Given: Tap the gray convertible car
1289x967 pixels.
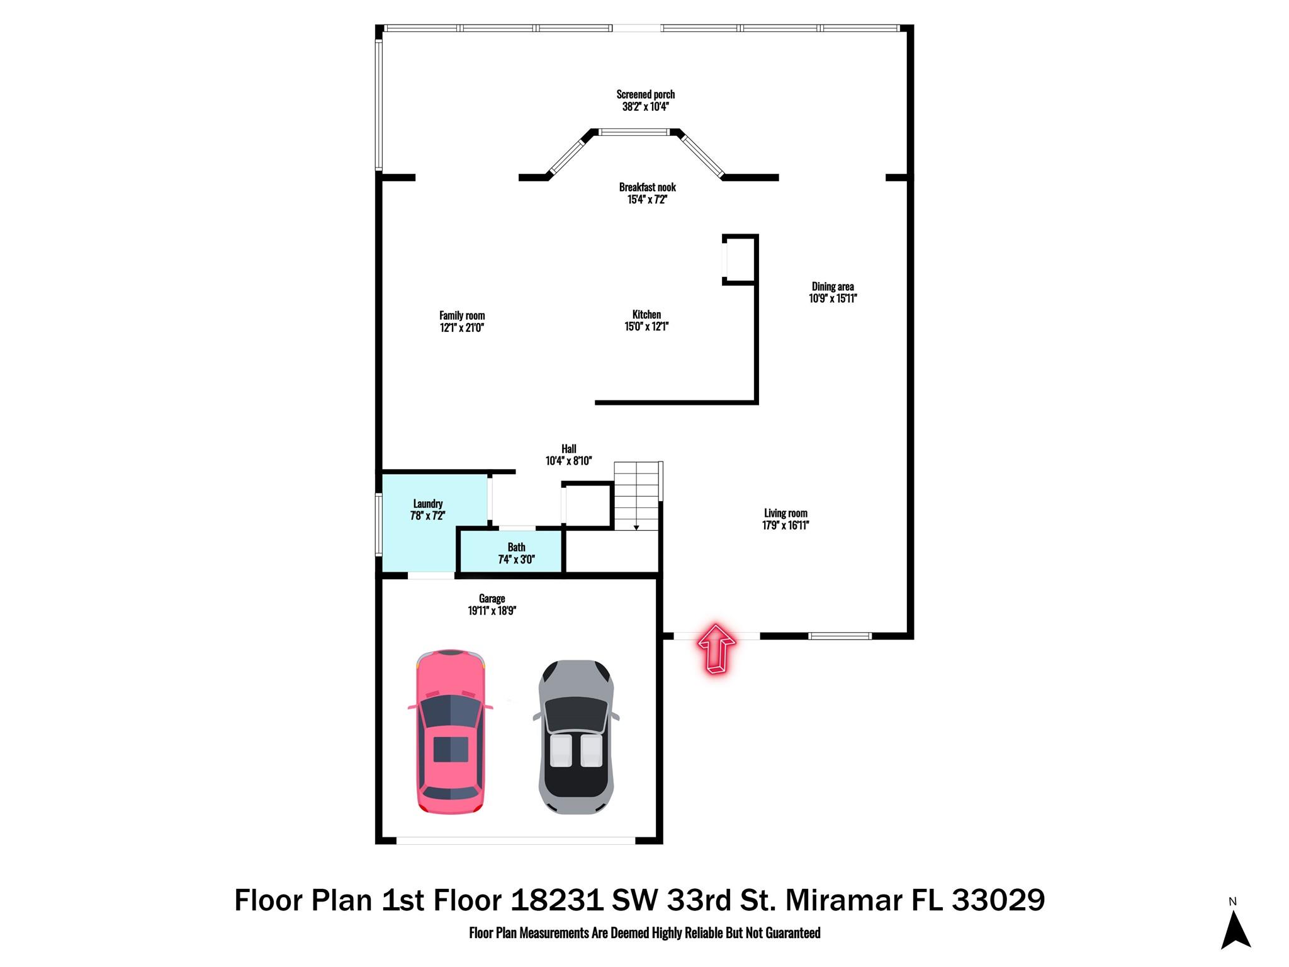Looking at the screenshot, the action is coord(576,737).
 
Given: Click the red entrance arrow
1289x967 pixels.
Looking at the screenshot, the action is coord(716,648).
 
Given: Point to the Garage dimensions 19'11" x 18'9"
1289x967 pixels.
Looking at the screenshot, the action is coord(492,611).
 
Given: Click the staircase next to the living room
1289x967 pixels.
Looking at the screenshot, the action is coord(637,496).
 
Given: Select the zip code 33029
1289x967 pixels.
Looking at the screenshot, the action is coord(998,900).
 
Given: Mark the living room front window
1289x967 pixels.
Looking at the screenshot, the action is coord(840,636).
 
